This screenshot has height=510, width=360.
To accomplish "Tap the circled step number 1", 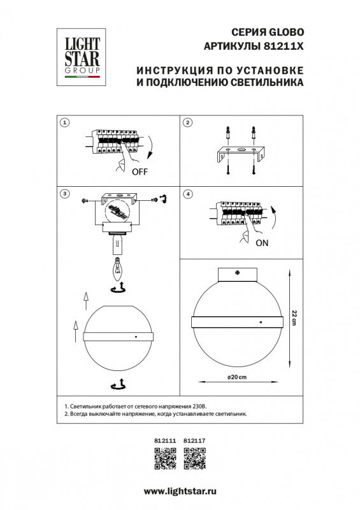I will (64, 122).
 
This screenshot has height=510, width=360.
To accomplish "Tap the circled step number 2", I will (187, 122).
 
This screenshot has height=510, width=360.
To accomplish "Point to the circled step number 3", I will (64, 193).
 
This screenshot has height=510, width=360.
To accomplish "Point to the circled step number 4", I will (187, 193).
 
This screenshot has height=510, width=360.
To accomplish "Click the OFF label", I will (140, 172).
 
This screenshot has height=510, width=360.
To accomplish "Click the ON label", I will (261, 244).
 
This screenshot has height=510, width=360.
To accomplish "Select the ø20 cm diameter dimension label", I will (236, 378).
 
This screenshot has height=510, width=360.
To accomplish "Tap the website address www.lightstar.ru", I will (180, 492).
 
